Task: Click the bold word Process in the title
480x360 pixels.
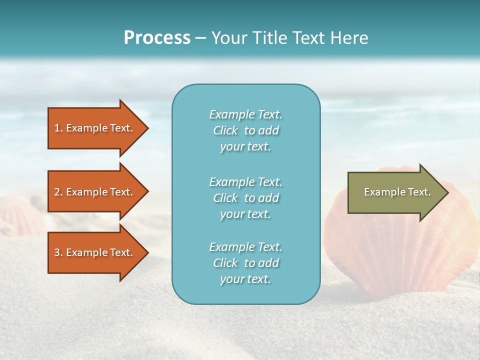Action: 157,38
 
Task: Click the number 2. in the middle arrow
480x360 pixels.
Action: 58,192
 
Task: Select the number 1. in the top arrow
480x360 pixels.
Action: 58,128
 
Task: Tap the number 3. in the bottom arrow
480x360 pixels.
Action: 58,252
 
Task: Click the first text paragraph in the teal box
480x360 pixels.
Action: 245,130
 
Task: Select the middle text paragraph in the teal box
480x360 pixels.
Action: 245,198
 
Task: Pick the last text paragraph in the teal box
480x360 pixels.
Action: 245,263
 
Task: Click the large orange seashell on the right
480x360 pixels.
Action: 395,250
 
